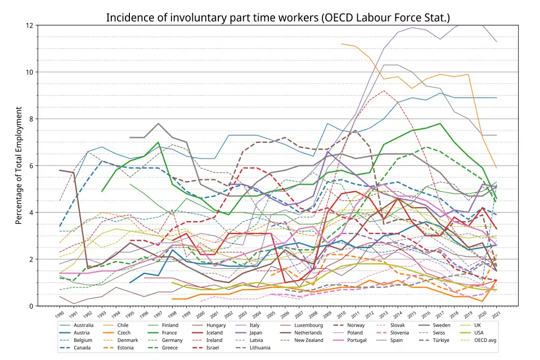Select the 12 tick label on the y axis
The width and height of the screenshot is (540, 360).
pos(30,25)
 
